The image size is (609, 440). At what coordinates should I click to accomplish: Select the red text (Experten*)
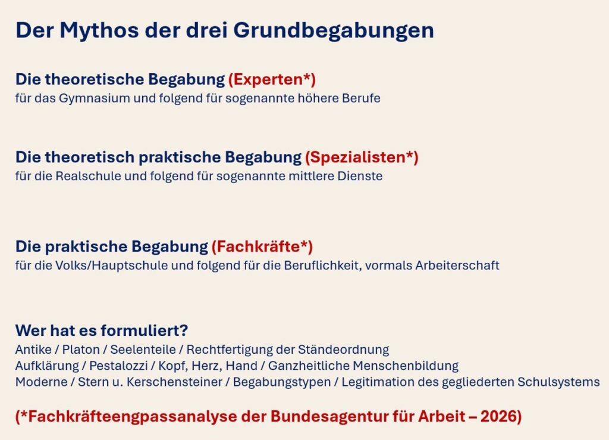(272, 79)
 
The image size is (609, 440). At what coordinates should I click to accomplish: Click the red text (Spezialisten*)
(362, 158)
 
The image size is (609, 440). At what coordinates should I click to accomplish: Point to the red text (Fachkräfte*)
(262, 247)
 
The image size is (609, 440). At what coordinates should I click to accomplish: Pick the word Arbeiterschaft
(457, 265)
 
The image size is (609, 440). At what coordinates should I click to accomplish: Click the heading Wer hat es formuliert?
(102, 331)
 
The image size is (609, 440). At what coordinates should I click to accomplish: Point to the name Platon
(81, 350)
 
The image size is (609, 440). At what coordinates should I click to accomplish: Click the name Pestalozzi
(118, 366)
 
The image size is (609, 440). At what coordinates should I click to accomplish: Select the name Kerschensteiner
(174, 382)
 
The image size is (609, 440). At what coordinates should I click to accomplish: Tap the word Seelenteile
(143, 350)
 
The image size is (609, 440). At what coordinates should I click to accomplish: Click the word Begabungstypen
(282, 382)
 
